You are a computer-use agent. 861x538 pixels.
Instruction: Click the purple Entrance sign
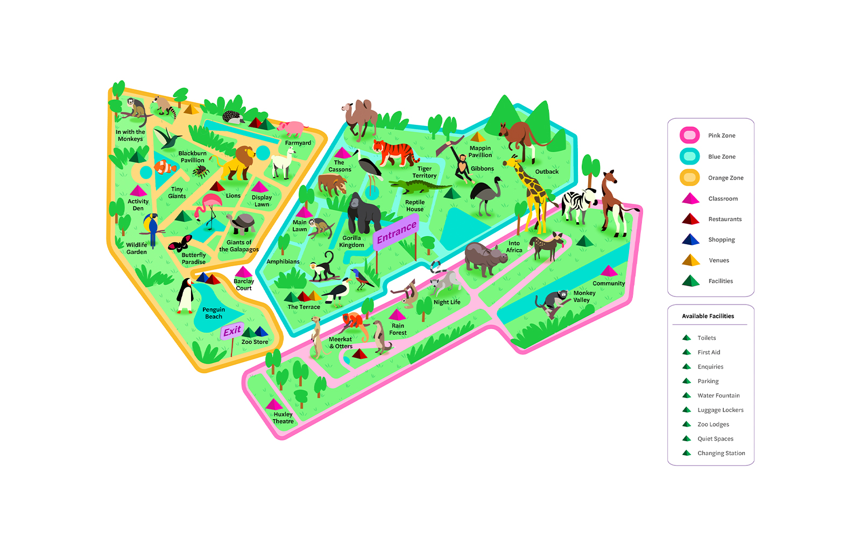396,232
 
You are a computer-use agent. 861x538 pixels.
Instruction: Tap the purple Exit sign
232,331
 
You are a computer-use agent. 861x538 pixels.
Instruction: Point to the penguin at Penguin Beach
185,296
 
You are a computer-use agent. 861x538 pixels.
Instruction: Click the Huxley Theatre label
283,418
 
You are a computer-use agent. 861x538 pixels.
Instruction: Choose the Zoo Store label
255,342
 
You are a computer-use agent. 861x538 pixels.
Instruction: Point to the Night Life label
447,302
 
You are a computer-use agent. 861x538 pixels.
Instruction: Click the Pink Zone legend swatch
689,135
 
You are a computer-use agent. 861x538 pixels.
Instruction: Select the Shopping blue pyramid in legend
690,239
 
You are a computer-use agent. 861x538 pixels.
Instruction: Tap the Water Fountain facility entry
718,395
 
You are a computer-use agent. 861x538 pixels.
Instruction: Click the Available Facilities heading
708,316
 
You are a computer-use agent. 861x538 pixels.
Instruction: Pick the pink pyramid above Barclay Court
243,272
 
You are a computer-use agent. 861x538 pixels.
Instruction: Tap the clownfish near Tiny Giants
165,167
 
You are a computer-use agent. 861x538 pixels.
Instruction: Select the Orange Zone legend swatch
689,178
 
